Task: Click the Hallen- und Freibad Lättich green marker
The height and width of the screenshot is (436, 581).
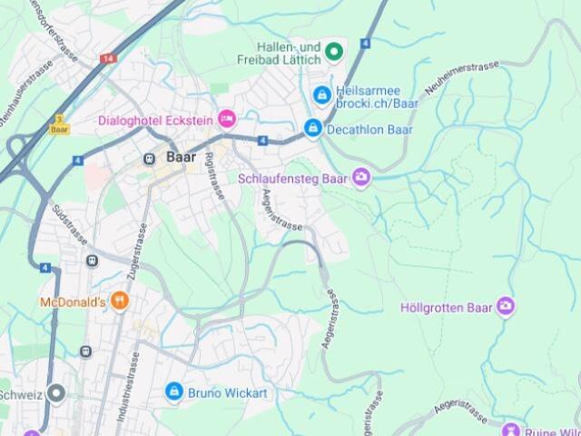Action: (333, 52)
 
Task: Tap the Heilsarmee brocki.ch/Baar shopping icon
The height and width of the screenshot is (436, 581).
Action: (321, 94)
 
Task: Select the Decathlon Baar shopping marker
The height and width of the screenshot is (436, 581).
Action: (313, 129)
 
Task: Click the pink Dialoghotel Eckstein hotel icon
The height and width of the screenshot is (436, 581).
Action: (226, 118)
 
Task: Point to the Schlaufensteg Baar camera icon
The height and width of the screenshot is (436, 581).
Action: (361, 177)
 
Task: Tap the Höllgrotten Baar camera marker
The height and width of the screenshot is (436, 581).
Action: (507, 307)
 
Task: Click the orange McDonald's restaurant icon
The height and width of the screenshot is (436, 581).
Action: (120, 302)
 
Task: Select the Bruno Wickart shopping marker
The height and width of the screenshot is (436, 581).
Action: (174, 392)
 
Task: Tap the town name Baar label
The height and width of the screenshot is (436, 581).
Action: (181, 157)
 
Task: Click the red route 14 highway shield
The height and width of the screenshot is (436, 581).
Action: (109, 58)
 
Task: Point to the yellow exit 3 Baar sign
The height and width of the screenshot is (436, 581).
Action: (59, 124)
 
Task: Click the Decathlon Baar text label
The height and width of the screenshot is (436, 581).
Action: (369, 130)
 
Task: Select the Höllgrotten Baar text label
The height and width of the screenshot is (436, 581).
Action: (447, 307)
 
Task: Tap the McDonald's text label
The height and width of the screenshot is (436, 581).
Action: (73, 302)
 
